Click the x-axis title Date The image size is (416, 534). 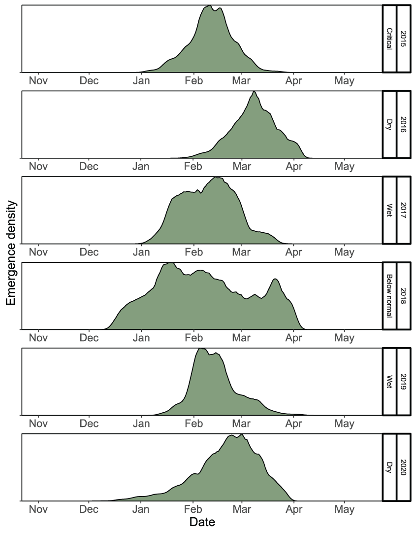point(202,522)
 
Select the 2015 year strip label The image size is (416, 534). point(403,39)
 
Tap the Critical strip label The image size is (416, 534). point(389,39)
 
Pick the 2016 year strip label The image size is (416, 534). point(403,125)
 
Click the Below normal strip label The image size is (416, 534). point(389,296)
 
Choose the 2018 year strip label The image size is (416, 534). point(403,296)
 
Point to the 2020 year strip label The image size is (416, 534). point(403,467)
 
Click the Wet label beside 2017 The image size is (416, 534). point(389,210)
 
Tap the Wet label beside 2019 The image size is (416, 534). point(389,382)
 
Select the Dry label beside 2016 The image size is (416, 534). point(389,125)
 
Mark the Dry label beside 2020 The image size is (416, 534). point(389,467)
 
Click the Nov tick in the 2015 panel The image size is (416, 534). point(38,81)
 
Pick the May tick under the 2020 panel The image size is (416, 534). point(344,509)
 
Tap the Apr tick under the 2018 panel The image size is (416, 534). point(294,338)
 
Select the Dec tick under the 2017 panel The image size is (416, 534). point(89,252)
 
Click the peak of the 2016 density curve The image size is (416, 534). point(254,92)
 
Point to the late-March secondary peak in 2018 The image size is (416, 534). point(275,280)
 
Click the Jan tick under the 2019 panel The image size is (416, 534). point(141,424)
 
